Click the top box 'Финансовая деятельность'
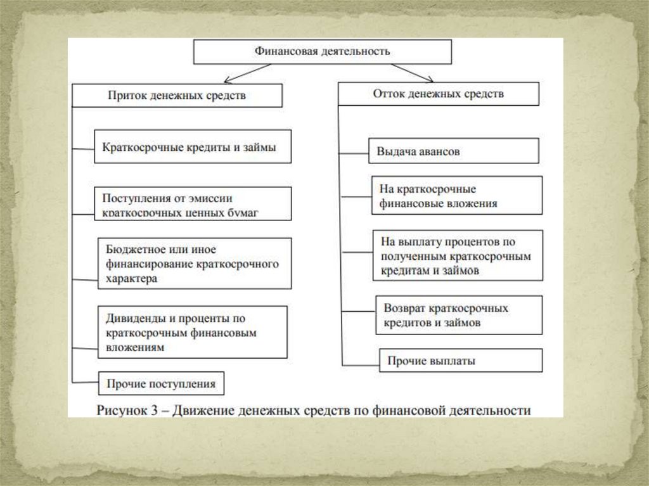(322, 51)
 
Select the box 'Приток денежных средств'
(176, 96)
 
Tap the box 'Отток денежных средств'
(438, 94)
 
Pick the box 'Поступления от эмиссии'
(193, 203)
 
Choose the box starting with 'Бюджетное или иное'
(195, 263)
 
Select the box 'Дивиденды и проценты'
(193, 332)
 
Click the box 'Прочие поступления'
(161, 383)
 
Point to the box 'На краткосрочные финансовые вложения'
(456, 196)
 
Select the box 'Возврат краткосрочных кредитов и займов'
(459, 315)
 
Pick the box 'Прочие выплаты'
(460, 361)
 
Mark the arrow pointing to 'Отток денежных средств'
(412, 73)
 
